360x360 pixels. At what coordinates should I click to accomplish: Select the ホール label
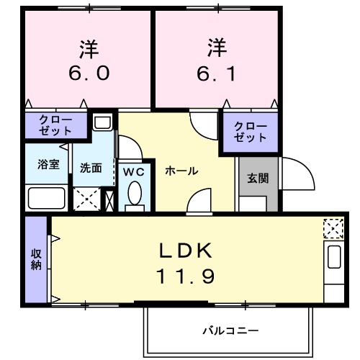181,171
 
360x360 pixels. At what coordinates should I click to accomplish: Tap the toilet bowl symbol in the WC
133,193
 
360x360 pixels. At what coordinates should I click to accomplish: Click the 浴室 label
48,163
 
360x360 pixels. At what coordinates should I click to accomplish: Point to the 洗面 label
90,168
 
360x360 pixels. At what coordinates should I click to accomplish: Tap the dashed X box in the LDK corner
333,229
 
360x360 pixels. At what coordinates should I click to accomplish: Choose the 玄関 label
258,178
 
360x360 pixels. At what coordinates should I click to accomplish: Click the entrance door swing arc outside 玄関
297,172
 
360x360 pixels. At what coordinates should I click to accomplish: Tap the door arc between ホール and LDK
199,204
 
